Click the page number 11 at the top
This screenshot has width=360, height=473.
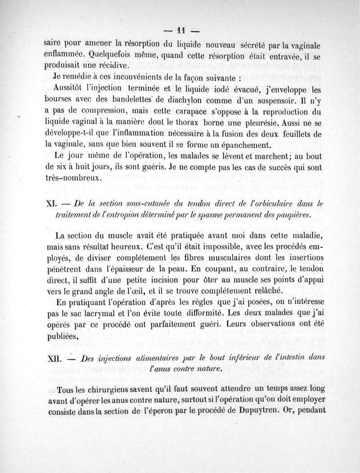[181, 31]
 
